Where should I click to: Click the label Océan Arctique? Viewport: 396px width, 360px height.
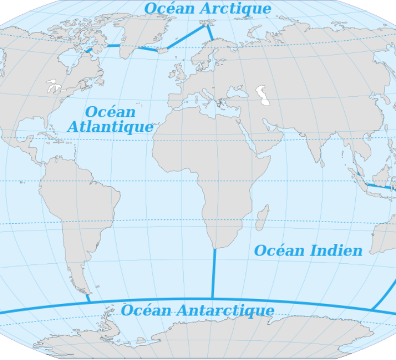207,9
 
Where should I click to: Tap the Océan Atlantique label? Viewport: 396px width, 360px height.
110,119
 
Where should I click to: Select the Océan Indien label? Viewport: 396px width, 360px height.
308,251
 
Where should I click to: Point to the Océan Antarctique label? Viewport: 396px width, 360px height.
197,310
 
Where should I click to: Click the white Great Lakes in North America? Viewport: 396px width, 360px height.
53,87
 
